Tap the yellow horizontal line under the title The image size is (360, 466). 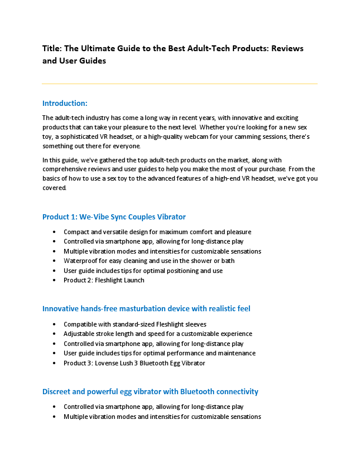click(x=179, y=84)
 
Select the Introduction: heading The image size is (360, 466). click(x=65, y=103)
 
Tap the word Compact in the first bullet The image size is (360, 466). click(x=78, y=232)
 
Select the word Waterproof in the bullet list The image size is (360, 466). click(x=81, y=261)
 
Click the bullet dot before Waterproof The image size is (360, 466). click(x=55, y=261)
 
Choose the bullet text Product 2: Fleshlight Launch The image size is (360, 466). click(x=104, y=280)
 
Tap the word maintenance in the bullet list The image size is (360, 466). click(x=235, y=353)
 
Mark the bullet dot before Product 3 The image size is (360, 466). click(x=55, y=363)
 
